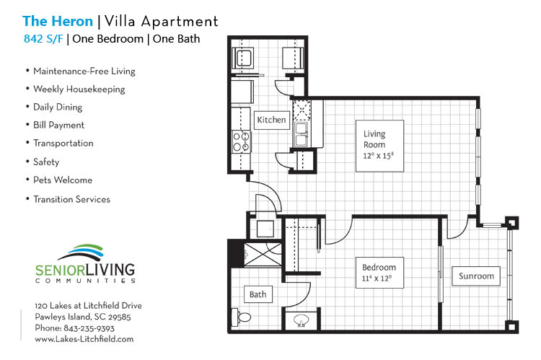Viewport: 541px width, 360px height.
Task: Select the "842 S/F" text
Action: (x=43, y=39)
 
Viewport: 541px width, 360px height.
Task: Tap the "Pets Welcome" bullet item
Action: (x=62, y=180)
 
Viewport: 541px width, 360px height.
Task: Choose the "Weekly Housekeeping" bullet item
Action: (x=79, y=89)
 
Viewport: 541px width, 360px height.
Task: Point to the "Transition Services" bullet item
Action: (x=71, y=198)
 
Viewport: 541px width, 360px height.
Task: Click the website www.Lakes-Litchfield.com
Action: (x=84, y=338)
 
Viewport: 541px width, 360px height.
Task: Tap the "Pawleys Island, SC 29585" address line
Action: (x=83, y=317)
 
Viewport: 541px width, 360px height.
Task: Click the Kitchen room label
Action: (x=271, y=120)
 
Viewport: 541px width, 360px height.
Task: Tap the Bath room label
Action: (x=258, y=294)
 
